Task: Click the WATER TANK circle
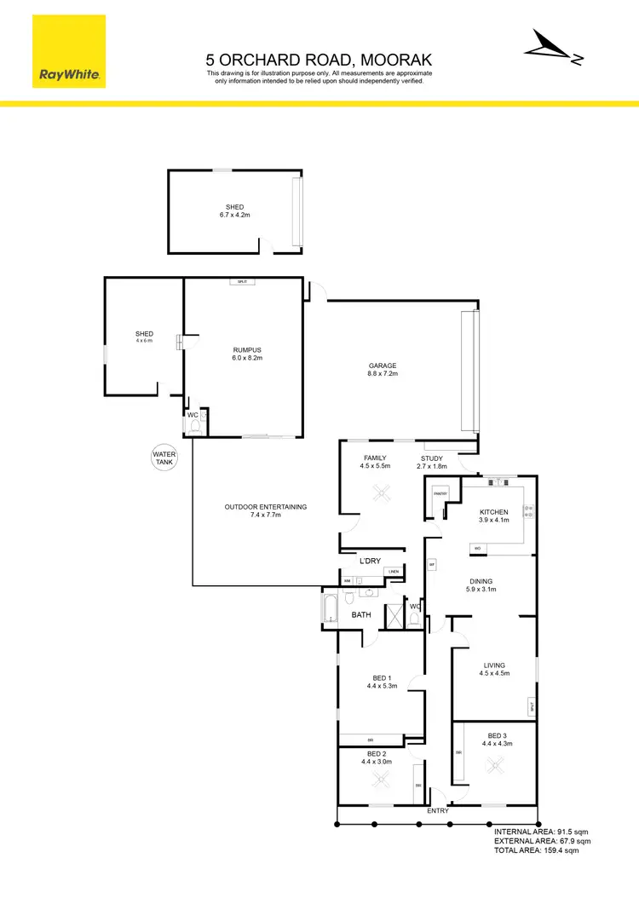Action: click(x=164, y=458)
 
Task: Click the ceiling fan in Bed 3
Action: click(x=495, y=765)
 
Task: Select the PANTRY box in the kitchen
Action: click(x=440, y=493)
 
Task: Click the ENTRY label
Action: click(x=437, y=810)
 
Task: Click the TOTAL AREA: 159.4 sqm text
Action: click(x=537, y=850)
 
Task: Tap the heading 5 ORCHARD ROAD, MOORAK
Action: click(x=319, y=60)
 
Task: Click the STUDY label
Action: click(x=431, y=458)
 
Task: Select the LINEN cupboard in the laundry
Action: click(x=393, y=572)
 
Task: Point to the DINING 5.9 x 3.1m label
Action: click(x=482, y=584)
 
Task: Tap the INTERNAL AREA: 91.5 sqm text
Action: click(x=541, y=831)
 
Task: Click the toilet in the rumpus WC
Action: click(x=194, y=423)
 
